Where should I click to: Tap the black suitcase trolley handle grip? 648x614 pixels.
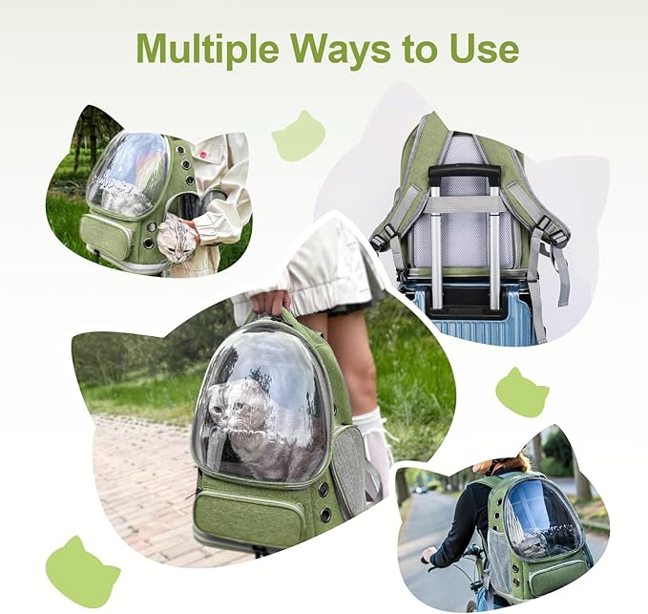coord(464,175)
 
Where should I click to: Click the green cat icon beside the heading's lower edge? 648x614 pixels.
coord(299,136)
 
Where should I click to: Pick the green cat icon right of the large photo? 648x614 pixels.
coord(522,392)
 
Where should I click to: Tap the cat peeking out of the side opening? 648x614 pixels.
coord(178,240)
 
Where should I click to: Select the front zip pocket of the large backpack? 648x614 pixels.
coord(250,517)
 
